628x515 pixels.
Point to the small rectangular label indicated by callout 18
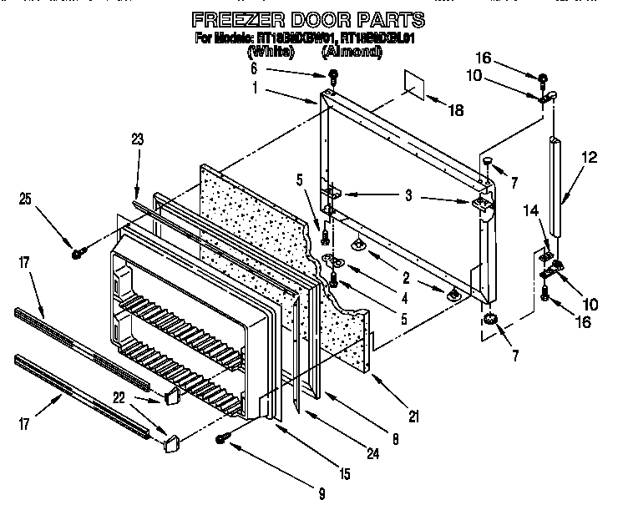414,84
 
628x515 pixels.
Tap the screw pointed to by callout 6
332,78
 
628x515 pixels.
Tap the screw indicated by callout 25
77,251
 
